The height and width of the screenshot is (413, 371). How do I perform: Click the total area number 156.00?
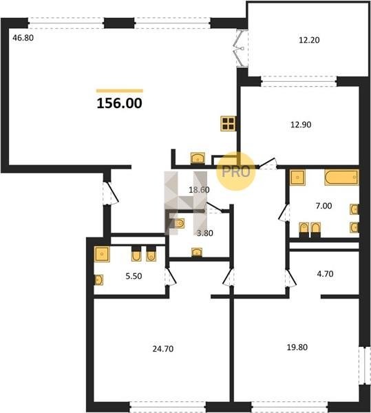[119, 103]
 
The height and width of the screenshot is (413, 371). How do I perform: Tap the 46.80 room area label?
[23, 38]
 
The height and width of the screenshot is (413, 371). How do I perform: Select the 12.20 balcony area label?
[309, 40]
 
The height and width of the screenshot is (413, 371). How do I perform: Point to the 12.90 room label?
[301, 125]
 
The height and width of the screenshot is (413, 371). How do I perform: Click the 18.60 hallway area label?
[199, 190]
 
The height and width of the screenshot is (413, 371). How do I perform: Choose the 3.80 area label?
[205, 233]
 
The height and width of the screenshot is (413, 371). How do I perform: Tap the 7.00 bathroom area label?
[324, 206]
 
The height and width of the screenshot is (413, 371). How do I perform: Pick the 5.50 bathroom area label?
[134, 276]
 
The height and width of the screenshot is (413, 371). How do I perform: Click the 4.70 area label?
[325, 274]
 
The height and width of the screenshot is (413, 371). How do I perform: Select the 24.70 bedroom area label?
[163, 349]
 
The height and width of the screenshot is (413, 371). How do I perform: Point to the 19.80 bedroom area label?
[297, 347]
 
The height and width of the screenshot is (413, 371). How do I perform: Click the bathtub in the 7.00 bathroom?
[342, 178]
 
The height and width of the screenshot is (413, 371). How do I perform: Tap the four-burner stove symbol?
[228, 123]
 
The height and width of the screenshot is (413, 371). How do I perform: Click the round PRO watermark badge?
[235, 171]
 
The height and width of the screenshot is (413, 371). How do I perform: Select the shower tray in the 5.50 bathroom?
[102, 254]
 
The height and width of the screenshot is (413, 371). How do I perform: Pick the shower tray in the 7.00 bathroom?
[297, 178]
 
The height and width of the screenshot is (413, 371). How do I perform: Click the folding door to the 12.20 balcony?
[242, 48]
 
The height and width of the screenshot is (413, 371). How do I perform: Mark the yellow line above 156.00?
[120, 91]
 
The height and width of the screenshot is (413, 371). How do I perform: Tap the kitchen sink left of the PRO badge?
[198, 158]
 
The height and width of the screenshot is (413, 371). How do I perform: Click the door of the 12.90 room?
[267, 162]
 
